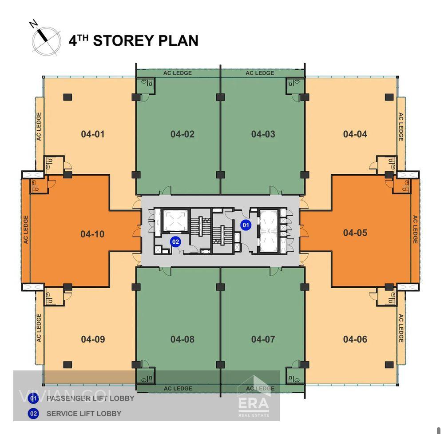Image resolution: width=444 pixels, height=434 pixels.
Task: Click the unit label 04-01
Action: click(x=93, y=134)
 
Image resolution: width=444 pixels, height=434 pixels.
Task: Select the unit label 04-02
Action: click(x=182, y=134)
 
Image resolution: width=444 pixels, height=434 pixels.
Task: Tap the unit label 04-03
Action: click(x=263, y=134)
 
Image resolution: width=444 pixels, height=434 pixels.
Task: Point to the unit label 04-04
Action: click(x=355, y=134)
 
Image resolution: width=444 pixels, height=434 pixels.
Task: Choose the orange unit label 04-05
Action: click(x=355, y=233)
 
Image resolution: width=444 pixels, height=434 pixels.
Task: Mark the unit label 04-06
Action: click(x=355, y=339)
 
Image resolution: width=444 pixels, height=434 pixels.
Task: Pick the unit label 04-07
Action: click(x=263, y=339)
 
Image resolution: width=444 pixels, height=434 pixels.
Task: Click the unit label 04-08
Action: click(x=182, y=339)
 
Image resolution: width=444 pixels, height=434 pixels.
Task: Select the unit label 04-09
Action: click(x=93, y=339)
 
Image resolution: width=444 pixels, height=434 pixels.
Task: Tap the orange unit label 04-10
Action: click(x=93, y=234)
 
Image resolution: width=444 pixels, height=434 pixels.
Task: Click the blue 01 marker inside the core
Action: click(x=246, y=225)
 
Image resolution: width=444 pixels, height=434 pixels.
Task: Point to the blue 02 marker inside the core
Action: click(x=176, y=241)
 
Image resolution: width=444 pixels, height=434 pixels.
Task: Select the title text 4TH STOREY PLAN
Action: click(x=133, y=40)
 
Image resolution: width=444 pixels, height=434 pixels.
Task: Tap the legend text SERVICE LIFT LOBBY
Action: click(x=84, y=414)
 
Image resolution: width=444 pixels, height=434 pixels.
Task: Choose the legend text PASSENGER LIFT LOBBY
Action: click(x=90, y=398)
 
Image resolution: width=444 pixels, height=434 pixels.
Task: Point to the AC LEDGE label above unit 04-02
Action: click(x=178, y=73)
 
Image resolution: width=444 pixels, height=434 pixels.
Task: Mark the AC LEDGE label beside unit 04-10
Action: click(x=26, y=229)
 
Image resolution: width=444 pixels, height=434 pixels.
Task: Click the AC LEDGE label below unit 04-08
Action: click(x=178, y=389)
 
